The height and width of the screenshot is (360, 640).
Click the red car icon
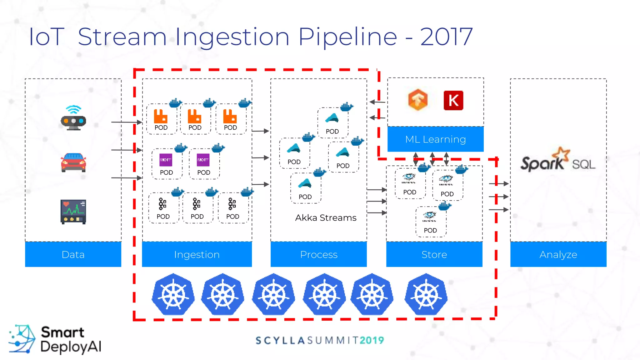[x=73, y=162]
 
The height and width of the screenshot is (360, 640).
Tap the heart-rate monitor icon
[x=73, y=212]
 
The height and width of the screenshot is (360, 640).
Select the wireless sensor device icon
[x=73, y=118]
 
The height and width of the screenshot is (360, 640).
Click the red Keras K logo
[x=453, y=101]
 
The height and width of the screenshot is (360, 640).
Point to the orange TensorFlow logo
[x=418, y=100]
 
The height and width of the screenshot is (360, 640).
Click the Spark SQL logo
[x=558, y=161]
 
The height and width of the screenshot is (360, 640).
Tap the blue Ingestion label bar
[x=197, y=254]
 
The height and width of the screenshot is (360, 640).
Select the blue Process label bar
[x=318, y=254]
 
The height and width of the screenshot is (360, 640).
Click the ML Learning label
[x=435, y=139]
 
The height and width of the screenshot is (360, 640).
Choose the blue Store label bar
[x=434, y=254]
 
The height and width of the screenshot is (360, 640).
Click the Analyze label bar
[x=558, y=254]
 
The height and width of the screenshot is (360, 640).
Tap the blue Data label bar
[x=73, y=254]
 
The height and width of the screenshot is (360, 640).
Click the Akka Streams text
[x=326, y=218]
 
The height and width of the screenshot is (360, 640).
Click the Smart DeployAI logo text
[x=70, y=339]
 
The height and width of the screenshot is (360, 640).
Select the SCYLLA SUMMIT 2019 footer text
[x=320, y=340]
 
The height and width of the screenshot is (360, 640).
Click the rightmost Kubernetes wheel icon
[x=426, y=294]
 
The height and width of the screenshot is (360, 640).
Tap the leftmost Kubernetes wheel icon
[x=173, y=294]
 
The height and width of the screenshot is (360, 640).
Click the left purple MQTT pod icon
[x=166, y=160]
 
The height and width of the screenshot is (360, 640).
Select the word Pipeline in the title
[x=347, y=37]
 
